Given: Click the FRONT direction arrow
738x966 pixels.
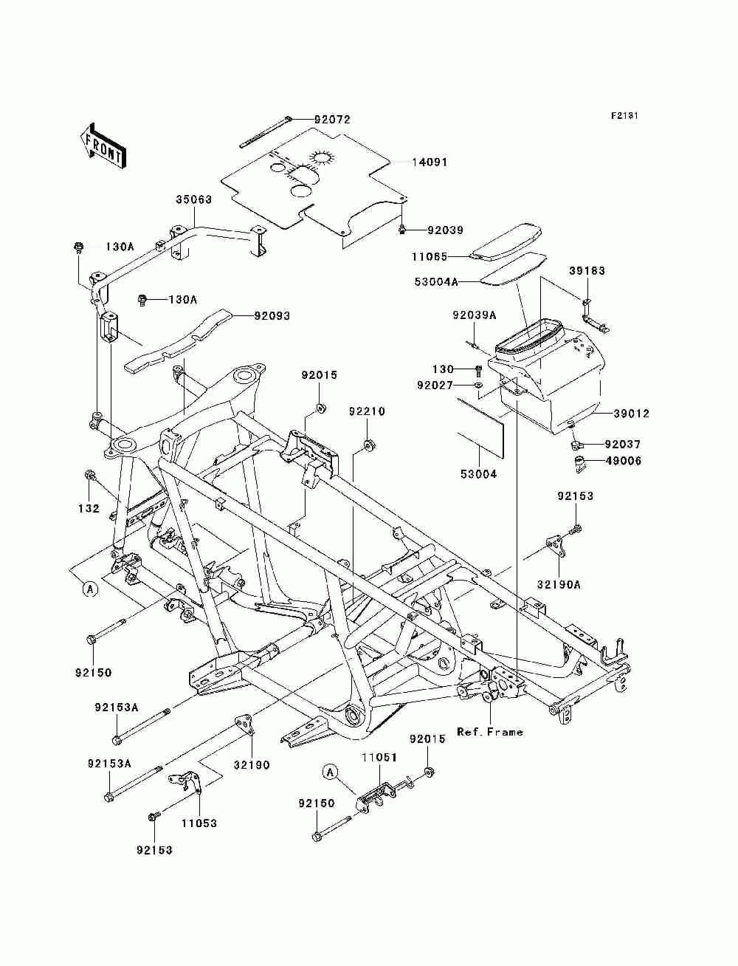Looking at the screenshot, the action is point(103,146).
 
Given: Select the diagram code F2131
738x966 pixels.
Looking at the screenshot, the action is point(624,116).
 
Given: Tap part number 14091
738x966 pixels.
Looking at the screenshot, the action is point(430,162).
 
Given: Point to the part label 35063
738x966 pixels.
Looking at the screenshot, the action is point(194,200).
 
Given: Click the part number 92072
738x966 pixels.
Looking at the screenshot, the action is point(332,120).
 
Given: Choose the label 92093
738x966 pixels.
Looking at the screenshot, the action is point(272,316).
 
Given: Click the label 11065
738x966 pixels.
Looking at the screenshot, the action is point(430,256).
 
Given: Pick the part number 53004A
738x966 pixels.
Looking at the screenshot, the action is point(436,281).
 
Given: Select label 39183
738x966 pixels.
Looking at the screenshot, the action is point(587,271).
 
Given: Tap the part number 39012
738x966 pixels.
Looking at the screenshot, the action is point(631,414).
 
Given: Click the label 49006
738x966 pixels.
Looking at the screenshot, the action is point(623,462).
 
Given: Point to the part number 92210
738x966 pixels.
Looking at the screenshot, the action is point(368,411).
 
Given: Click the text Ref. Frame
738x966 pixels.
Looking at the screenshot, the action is point(490,732).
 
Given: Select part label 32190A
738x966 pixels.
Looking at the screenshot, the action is point(559,584).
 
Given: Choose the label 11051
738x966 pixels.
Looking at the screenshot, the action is point(379,758).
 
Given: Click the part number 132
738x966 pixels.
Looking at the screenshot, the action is point(89,509).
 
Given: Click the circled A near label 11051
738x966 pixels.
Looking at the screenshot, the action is point(331,772).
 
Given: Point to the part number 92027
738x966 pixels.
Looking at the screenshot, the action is point(435,386).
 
